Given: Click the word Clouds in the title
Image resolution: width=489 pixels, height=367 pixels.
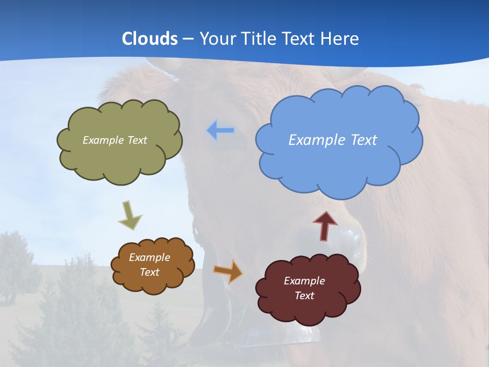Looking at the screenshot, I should point(150,38).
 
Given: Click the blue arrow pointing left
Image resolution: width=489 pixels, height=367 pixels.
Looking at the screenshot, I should point(220,130).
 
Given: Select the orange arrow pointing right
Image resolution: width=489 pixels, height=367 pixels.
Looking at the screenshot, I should point(229,271).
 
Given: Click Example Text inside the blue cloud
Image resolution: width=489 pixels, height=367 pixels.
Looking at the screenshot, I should point(333,140).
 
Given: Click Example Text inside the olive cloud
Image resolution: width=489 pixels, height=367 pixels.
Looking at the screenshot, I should point(115,140).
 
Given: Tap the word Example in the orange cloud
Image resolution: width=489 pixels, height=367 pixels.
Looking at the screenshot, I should point(149,257).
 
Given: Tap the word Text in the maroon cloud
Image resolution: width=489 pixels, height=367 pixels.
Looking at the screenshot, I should point(304,296).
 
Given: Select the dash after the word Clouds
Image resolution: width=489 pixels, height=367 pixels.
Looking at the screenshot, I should point(187,39).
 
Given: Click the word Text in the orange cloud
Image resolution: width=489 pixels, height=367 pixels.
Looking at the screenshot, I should point(149,272).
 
